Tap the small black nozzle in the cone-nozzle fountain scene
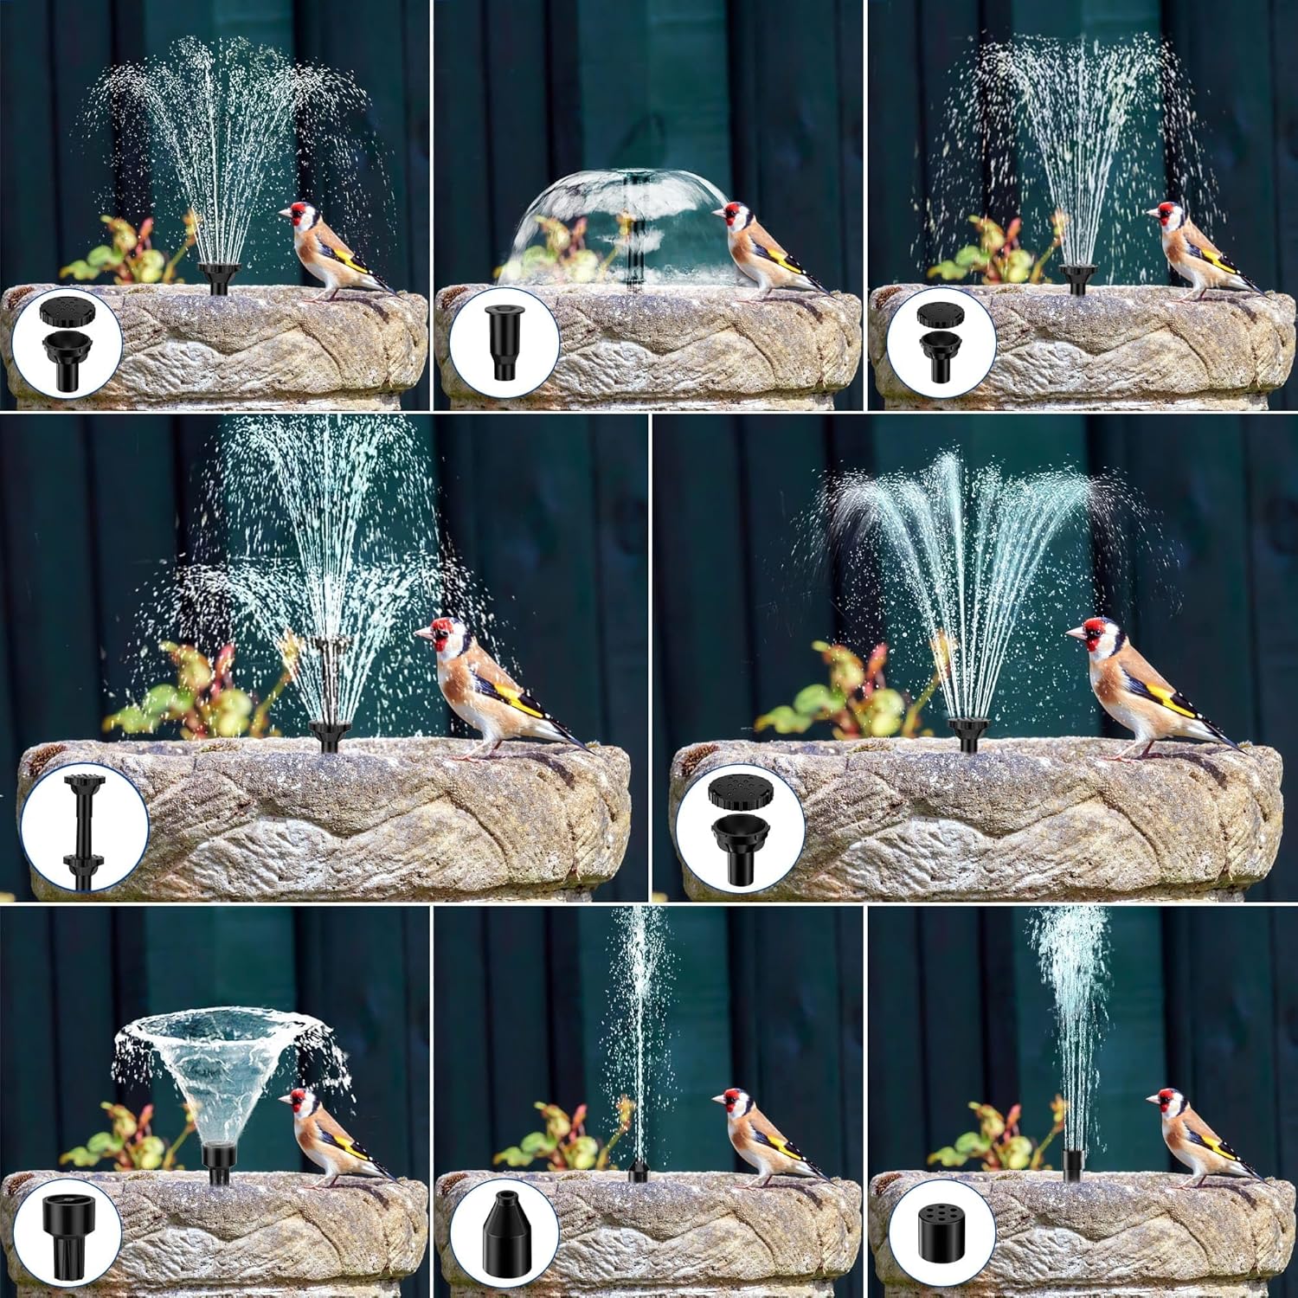click(x=638, y=1172)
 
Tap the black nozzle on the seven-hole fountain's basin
click(x=1072, y=1164)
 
